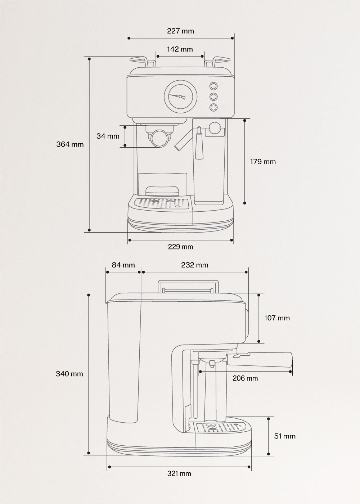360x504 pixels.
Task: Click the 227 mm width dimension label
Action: coord(180,31)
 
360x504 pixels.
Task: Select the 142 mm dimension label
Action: coord(180,49)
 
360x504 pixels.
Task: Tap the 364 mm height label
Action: coord(70,144)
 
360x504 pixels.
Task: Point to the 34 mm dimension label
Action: coord(108,136)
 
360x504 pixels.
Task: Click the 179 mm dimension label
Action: coord(263,162)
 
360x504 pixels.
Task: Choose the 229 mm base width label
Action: coord(180,247)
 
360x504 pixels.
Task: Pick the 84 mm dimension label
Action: coord(123,265)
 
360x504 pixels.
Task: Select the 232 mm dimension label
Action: coord(194,265)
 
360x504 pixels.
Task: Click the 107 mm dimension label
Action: coord(277,318)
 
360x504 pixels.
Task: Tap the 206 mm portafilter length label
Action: coord(245,378)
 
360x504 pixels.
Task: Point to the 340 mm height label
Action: coord(69,374)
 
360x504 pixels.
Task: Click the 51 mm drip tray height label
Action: coord(285,436)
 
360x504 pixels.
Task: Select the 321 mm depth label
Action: coord(179,473)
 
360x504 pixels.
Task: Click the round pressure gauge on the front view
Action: coord(181,96)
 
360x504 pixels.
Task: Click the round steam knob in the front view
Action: coord(215,128)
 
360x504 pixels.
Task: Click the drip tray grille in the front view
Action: coord(161,203)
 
